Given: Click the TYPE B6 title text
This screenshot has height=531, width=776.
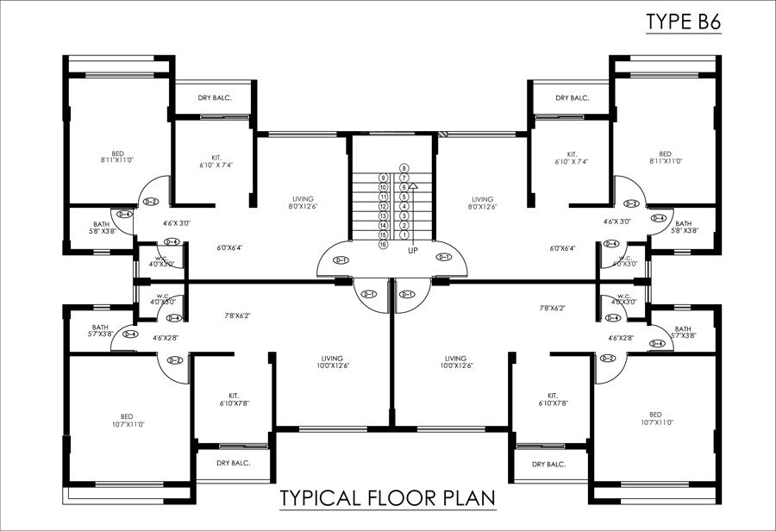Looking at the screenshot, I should pos(683,24).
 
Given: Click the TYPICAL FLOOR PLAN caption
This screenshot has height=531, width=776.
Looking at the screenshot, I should pos(386,499).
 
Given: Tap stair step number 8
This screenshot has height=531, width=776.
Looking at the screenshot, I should pos(404,168).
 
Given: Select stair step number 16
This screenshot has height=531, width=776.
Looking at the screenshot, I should pos(383,245).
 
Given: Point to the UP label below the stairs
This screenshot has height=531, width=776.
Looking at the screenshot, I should pos(413,250).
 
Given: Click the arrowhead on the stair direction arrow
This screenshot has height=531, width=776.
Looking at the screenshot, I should pos(414,184).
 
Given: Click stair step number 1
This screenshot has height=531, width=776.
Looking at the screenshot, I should pos(404,234).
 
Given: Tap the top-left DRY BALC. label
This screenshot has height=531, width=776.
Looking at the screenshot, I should pos(212,98).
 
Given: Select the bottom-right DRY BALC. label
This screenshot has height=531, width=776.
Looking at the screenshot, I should pos(548,464).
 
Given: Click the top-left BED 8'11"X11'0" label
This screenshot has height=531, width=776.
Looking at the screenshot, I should pos(118,157).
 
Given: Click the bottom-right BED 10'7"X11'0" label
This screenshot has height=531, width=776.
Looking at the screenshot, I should pos(657,418).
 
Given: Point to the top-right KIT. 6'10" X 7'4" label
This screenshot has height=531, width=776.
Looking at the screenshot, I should pos(571,157).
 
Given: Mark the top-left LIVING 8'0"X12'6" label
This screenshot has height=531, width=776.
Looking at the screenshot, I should pos(303,203).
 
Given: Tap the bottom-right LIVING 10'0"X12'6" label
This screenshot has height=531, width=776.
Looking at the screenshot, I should pos(455,362).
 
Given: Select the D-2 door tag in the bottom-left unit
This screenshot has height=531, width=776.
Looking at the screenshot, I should pos(176,359).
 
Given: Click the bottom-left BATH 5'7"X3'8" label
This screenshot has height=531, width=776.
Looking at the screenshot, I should pos(101,332).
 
